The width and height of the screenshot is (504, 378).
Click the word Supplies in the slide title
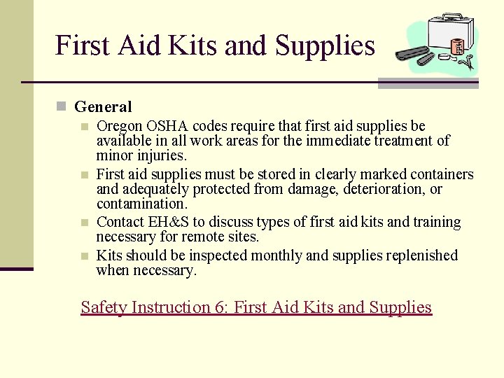point(325,46)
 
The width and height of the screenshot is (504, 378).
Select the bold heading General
point(103,107)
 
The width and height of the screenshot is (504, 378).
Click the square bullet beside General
point(62,107)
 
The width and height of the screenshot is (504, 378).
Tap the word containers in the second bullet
point(439,174)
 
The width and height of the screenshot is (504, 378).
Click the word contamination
point(141,204)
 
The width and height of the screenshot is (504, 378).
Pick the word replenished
point(419,255)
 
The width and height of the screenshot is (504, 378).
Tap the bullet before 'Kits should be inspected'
point(83,256)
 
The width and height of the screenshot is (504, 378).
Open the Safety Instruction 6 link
point(256,307)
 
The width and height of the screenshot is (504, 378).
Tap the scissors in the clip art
point(468,62)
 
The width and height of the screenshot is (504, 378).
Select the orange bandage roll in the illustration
point(458,46)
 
